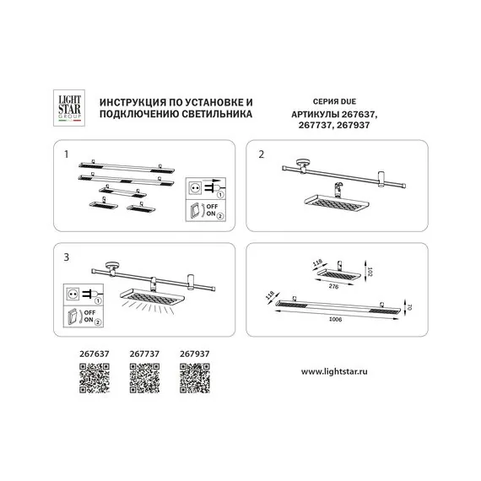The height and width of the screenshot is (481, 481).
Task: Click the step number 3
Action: tap(67, 253)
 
